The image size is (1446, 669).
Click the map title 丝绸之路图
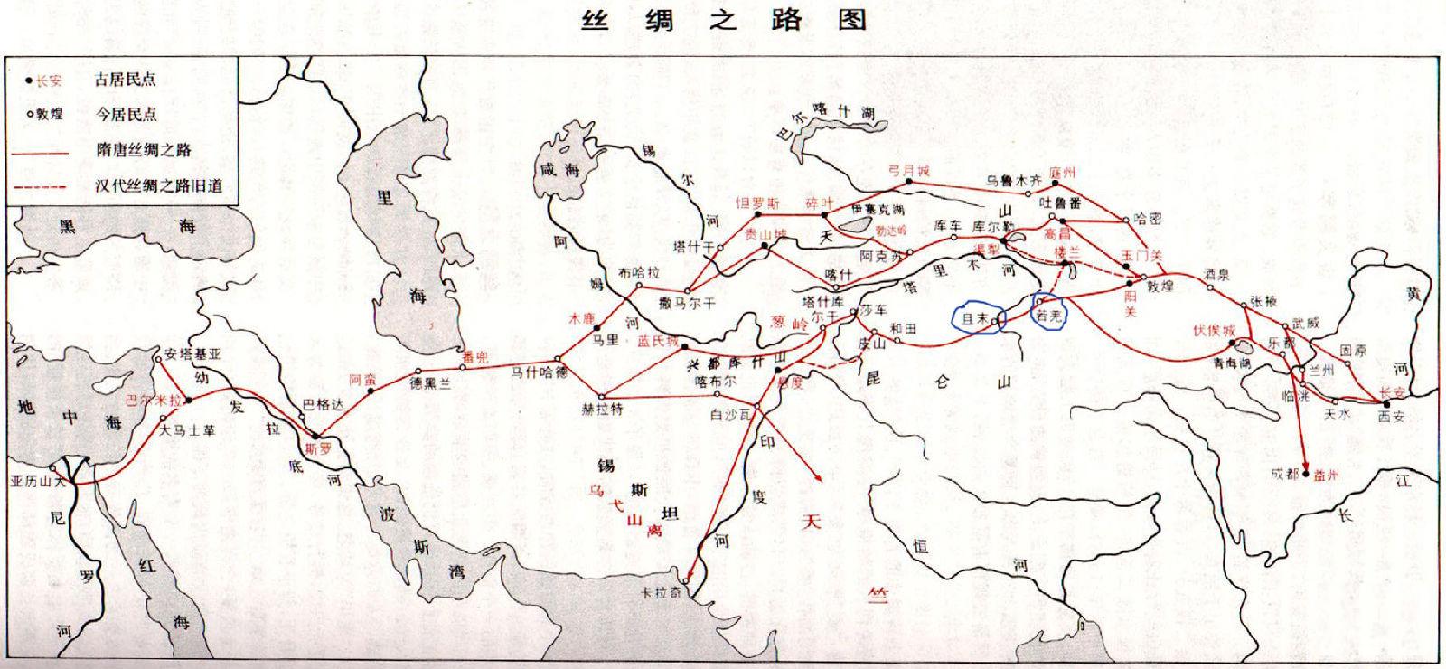pyautogui.click(x=722, y=20)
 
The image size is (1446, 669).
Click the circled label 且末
pyautogui.click(x=974, y=319)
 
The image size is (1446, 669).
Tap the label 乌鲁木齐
pyautogui.click(x=1013, y=180)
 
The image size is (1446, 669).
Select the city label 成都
pyautogui.click(x=1283, y=473)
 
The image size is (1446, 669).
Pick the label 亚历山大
pyautogui.click(x=37, y=481)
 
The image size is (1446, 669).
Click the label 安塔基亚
pyautogui.click(x=192, y=354)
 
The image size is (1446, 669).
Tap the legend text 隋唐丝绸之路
pyautogui.click(x=144, y=150)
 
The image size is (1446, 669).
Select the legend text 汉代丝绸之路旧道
pyautogui.click(x=158, y=186)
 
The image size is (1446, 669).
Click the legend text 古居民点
pyautogui.click(x=126, y=80)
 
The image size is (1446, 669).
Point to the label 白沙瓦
pyautogui.click(x=730, y=415)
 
